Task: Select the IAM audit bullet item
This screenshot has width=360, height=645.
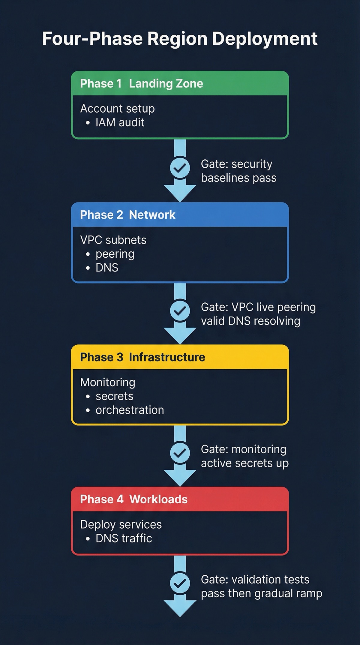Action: tap(120, 122)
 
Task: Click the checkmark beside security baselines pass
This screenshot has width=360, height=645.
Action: tap(180, 168)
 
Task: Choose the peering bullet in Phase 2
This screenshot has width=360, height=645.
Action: tap(115, 254)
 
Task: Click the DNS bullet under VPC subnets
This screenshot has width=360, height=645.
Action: tap(107, 268)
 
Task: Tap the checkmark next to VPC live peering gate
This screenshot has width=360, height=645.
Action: tap(180, 311)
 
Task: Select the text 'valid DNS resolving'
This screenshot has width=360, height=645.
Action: tap(250, 321)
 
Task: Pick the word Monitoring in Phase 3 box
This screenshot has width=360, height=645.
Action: tap(108, 382)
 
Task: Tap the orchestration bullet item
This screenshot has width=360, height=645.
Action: tap(130, 410)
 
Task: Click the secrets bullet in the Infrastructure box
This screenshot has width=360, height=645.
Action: tap(114, 396)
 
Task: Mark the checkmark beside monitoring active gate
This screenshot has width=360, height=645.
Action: tap(180, 453)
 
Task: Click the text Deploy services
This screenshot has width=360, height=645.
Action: tap(121, 524)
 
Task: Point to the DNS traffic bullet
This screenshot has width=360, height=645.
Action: tap(124, 538)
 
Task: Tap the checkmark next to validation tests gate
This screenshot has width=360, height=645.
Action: tap(180, 583)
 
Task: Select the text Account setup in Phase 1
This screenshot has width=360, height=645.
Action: tap(117, 109)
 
